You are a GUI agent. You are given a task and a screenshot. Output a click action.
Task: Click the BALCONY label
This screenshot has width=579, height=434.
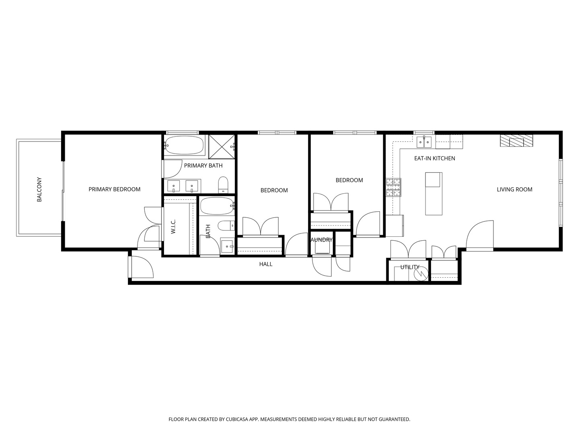[x=39, y=189]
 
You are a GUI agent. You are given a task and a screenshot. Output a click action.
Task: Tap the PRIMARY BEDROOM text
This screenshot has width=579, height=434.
[x=114, y=189]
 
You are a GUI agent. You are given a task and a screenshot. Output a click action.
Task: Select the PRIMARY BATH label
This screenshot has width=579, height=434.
[x=203, y=166]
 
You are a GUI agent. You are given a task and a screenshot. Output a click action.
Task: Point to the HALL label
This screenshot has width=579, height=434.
[x=265, y=264]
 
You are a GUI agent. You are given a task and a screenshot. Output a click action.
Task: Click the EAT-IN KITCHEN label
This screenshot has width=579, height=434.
[x=434, y=158]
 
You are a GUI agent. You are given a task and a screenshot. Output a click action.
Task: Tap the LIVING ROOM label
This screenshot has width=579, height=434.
[x=514, y=189]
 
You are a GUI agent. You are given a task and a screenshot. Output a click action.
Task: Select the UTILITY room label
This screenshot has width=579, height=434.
[x=409, y=267]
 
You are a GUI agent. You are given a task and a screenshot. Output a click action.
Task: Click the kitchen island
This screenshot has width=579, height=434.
[x=434, y=194]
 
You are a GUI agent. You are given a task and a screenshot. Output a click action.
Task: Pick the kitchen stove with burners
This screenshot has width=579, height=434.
[x=394, y=187]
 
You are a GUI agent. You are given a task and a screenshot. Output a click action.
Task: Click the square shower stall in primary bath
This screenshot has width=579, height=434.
[x=222, y=146]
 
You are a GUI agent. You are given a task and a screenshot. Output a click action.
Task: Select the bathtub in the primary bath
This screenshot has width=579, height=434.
[x=185, y=145]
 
